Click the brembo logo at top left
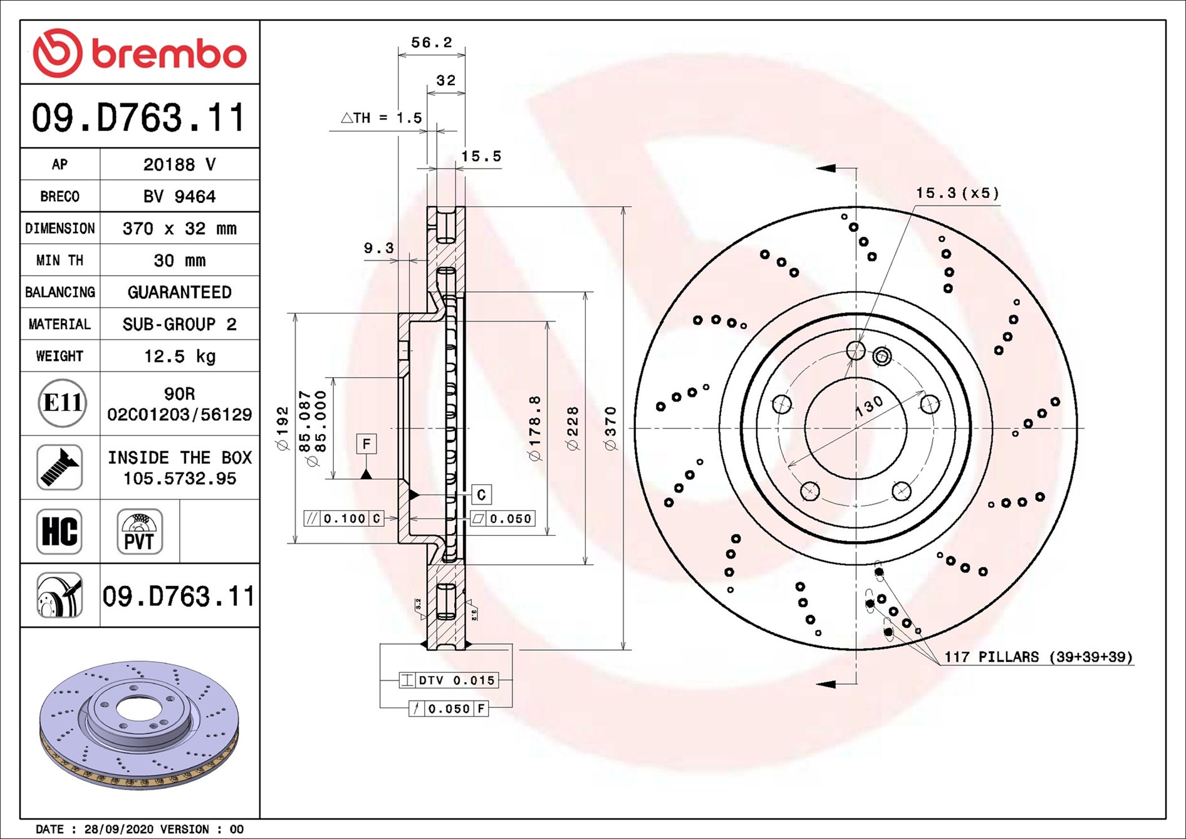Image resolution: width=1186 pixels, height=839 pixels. point(139,53)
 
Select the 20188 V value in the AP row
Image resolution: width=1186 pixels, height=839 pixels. point(179,165)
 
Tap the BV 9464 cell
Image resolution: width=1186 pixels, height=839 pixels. point(179,197)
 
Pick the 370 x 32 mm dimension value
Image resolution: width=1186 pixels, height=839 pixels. point(179,229)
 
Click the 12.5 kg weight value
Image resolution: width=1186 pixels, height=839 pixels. point(179,357)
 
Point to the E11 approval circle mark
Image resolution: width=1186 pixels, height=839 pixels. point(61,403)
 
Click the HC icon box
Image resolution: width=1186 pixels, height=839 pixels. point(60,531)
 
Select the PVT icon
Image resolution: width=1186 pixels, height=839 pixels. point(139,531)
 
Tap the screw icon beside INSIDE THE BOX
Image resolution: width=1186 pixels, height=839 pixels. point(60,467)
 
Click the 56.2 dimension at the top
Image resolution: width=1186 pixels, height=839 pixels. point(431,43)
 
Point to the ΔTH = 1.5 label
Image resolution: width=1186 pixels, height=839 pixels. point(381,118)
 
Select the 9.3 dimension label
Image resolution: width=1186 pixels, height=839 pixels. point(378,248)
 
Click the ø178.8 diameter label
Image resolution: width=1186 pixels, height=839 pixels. point(534,428)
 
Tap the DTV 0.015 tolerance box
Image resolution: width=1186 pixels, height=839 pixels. point(449,680)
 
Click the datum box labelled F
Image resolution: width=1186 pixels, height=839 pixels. point(367,444)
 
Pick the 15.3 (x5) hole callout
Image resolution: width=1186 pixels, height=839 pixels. point(957,193)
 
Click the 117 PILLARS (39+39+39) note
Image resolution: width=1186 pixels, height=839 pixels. point(1038,657)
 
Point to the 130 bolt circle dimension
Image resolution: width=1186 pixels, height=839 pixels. point(870,406)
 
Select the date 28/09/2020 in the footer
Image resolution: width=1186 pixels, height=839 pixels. point(118,829)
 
